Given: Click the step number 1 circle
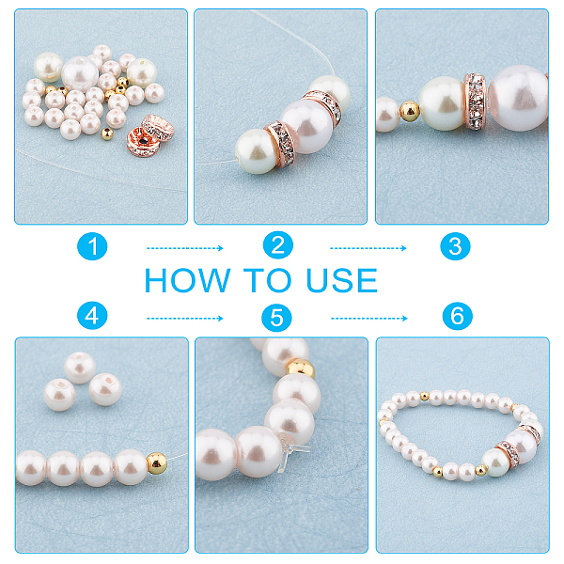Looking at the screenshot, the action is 92,246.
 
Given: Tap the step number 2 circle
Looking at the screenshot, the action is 277,245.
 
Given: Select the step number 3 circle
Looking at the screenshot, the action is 455,246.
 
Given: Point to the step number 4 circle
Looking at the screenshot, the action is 92,316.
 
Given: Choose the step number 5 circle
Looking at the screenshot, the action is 276,318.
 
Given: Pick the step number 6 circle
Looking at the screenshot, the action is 457,316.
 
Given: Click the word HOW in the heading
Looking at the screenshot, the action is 187,280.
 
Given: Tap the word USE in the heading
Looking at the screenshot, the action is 342,280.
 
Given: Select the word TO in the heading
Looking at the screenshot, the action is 268,280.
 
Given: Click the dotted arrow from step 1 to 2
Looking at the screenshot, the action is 185,248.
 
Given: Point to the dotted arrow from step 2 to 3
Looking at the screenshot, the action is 368,248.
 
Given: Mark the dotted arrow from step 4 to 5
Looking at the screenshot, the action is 185,319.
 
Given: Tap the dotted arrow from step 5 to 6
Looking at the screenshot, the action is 369,319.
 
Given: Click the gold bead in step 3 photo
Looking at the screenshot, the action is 409,111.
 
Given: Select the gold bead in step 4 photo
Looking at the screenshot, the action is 157,463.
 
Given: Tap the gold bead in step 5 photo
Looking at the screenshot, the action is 301,368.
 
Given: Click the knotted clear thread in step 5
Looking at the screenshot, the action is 290,451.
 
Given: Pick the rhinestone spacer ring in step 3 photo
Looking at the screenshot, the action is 475,102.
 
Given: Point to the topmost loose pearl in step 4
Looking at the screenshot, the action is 80,368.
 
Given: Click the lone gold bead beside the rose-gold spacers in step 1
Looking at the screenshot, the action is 107,133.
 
